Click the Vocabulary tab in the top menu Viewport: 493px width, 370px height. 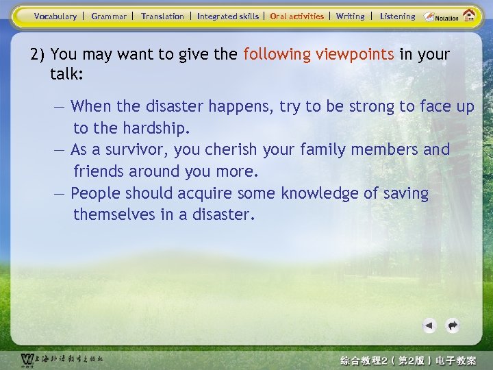[x=55, y=16]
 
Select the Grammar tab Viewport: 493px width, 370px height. [x=109, y=16]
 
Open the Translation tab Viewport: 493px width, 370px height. [x=162, y=16]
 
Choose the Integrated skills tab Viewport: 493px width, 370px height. [x=228, y=16]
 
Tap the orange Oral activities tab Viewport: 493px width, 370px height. [x=296, y=16]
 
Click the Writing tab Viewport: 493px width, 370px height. [x=350, y=16]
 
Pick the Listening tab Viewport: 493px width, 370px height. [x=397, y=16]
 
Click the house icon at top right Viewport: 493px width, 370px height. [x=469, y=15]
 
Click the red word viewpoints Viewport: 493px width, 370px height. [x=355, y=54]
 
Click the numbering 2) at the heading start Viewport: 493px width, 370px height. [x=38, y=54]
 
